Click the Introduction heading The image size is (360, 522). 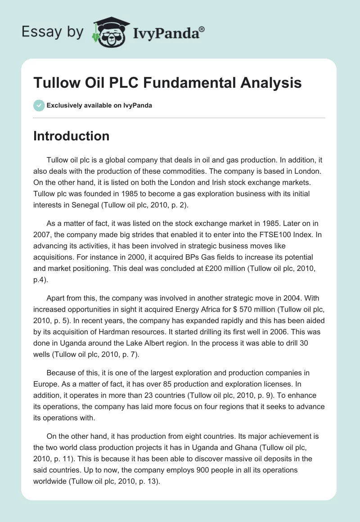[x=71, y=136]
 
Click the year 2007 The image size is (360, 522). [x=43, y=235]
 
